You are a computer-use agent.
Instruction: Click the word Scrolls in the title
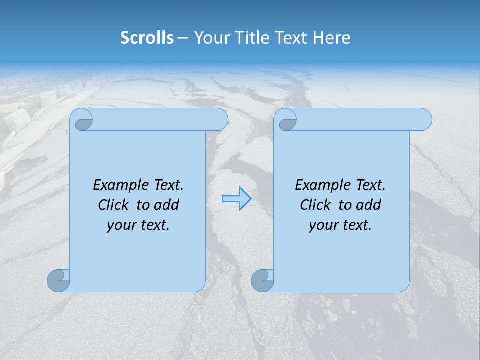[147, 38]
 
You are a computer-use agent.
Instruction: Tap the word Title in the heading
[252, 38]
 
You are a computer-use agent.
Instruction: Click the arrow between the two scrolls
[236, 199]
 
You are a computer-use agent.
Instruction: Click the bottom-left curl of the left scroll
[58, 281]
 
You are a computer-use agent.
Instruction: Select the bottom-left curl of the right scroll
[262, 281]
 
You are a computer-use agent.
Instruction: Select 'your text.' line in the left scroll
[138, 225]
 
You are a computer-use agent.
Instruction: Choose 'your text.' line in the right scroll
[340, 225]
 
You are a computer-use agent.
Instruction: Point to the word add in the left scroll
[166, 205]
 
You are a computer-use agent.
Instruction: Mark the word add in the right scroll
[368, 205]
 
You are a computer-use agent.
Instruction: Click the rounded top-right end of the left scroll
[220, 120]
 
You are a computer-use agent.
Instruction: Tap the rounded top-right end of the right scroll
[424, 120]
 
